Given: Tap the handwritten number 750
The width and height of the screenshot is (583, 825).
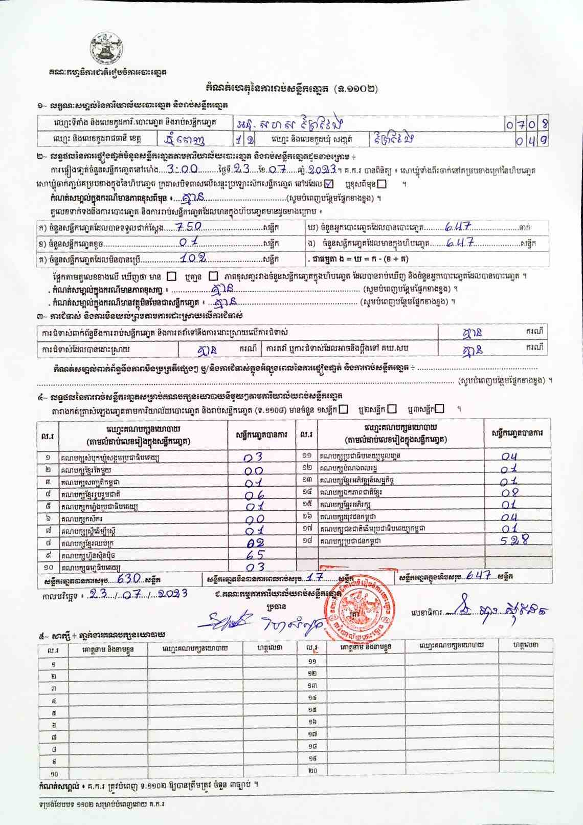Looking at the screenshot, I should [x=189, y=227].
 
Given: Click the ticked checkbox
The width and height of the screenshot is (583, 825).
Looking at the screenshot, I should [x=329, y=183].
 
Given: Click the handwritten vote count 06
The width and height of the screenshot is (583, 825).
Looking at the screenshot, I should [x=254, y=494].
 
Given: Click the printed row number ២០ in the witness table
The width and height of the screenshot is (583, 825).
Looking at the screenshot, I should [x=312, y=771].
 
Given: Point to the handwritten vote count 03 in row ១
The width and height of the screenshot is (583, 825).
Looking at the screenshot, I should [x=253, y=457].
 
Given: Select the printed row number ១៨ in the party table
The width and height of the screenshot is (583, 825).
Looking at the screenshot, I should [x=307, y=540].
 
